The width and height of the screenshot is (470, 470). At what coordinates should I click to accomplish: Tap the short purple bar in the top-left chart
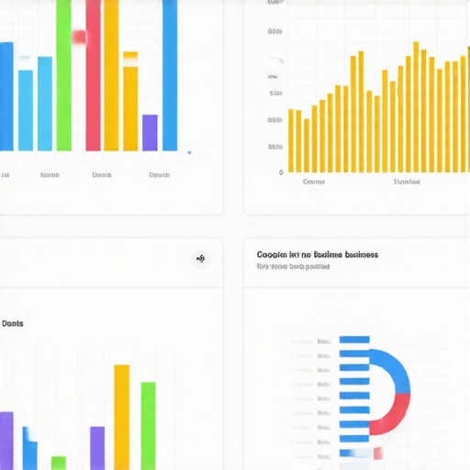pyautogui.click(x=150, y=132)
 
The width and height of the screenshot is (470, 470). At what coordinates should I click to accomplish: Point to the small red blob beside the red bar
pyautogui.click(x=79, y=38)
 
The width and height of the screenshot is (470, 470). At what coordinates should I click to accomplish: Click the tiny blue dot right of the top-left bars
pyautogui.click(x=189, y=152)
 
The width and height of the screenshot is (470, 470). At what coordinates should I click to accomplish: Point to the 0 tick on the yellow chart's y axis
pyautogui.click(x=281, y=172)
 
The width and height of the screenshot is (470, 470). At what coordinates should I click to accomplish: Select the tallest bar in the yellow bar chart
pyautogui.click(x=416, y=106)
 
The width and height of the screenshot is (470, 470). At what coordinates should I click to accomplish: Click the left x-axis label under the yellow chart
pyautogui.click(x=314, y=182)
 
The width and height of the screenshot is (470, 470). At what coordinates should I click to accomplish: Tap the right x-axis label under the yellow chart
pyautogui.click(x=407, y=182)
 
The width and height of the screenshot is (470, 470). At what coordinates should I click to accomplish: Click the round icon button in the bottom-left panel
pyautogui.click(x=201, y=259)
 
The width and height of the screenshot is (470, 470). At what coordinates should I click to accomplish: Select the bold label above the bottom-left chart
pyautogui.click(x=13, y=323)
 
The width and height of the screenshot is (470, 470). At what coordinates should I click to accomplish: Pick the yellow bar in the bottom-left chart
pyautogui.click(x=121, y=417)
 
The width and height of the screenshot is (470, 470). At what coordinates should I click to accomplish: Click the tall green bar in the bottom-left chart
pyautogui.click(x=148, y=425)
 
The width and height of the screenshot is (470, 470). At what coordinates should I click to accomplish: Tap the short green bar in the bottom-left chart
pyautogui.click(x=59, y=462)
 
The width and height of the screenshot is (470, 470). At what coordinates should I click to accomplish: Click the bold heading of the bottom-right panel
pyautogui.click(x=318, y=254)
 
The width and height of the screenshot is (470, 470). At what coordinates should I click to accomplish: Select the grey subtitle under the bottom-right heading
pyautogui.click(x=293, y=267)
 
